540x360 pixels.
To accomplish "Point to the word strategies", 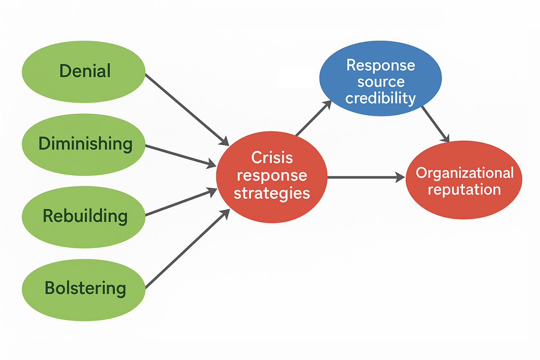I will tap(272, 193).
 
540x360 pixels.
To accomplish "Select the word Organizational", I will tap(464, 173).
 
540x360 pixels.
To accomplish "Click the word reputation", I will tap(464, 189).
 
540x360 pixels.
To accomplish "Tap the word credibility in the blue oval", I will tap(380, 99).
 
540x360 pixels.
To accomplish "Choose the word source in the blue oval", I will tap(380, 82).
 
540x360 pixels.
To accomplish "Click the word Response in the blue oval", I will tap(380, 65).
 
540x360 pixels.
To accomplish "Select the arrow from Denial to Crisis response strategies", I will tap(186, 109).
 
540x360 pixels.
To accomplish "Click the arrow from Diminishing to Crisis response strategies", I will tap(180, 155).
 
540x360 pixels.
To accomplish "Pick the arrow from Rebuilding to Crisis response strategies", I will tap(180, 202).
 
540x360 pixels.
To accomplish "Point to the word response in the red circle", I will tap(272, 175).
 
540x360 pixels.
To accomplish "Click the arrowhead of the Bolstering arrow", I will tap(225, 214).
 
